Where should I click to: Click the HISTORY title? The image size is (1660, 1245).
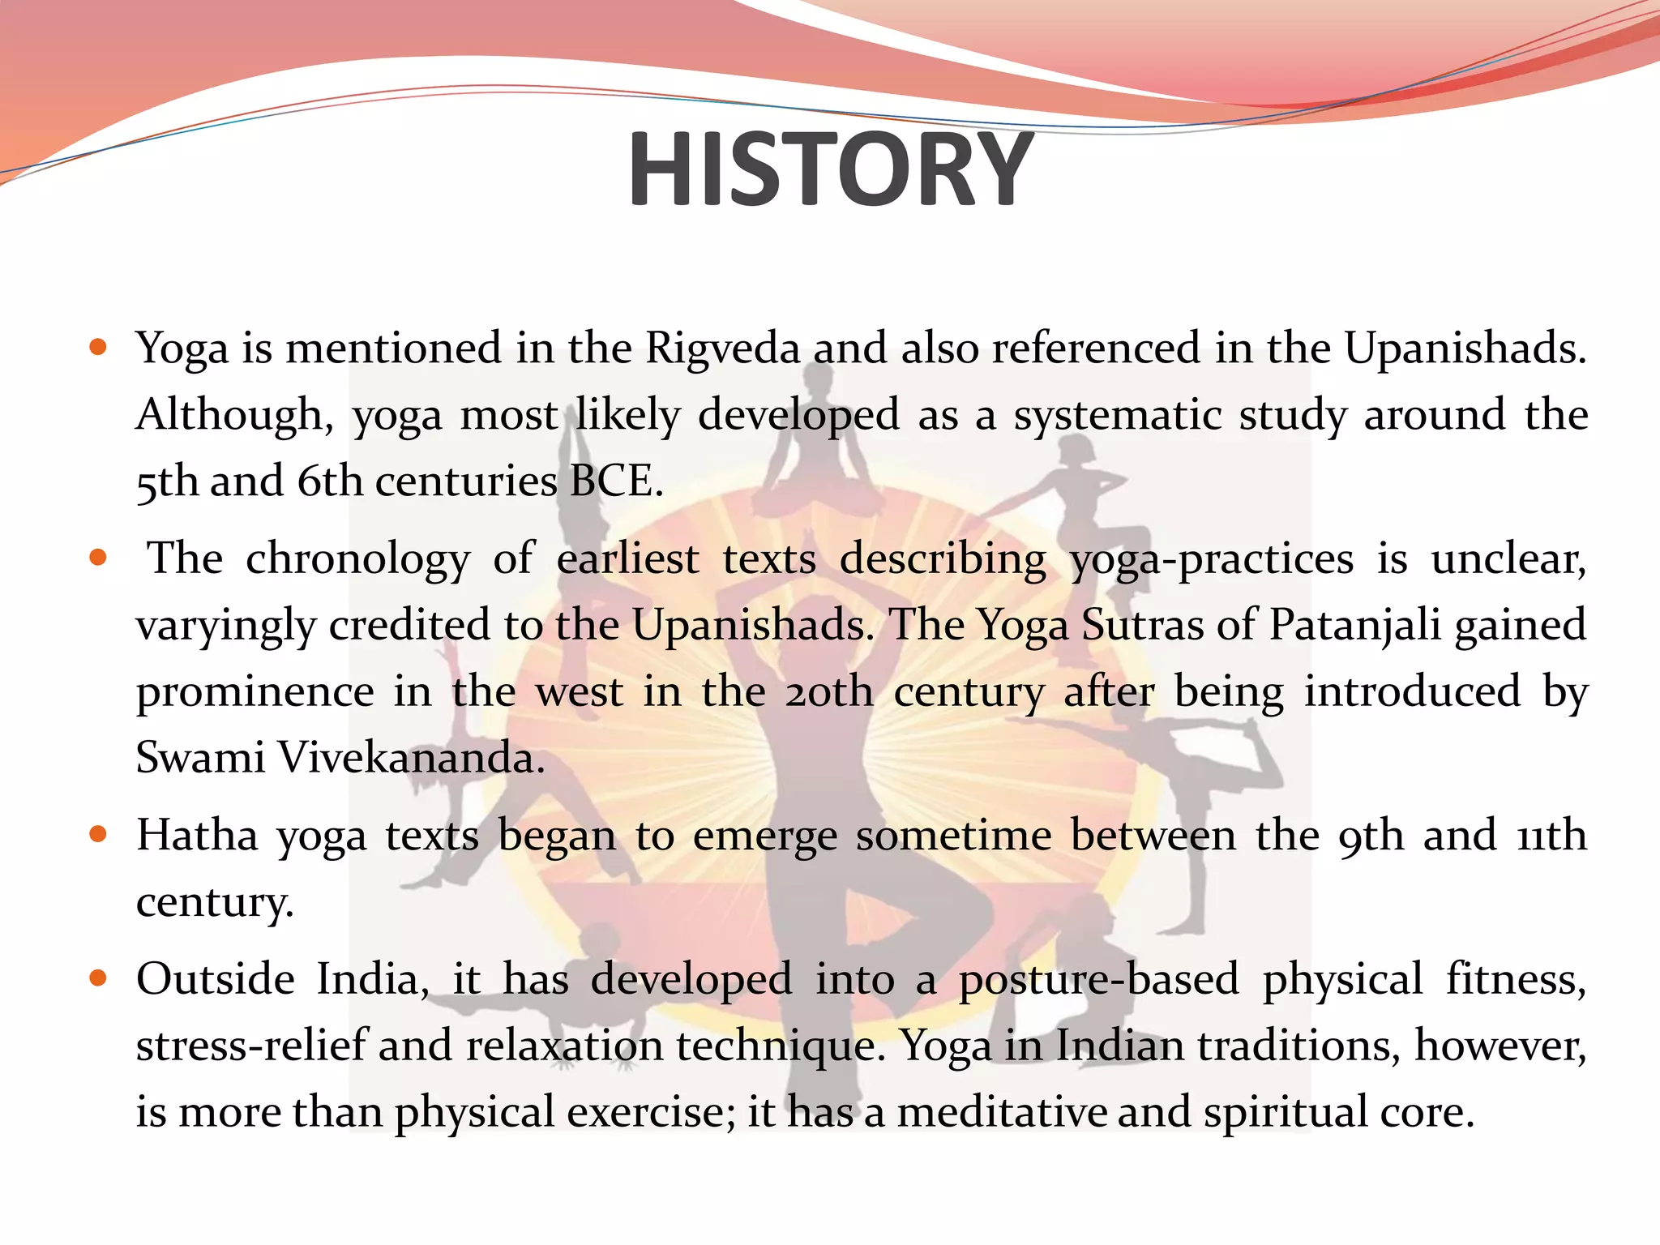point(830,170)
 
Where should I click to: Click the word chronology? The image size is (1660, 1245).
point(357,559)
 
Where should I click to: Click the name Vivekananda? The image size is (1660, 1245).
point(411,758)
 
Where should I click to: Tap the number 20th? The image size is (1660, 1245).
point(828,691)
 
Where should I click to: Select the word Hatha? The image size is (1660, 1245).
point(197,835)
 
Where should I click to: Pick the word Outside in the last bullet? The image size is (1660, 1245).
point(216,979)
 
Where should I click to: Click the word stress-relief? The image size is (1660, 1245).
point(251,1046)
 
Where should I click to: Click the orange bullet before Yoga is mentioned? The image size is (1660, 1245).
point(98,348)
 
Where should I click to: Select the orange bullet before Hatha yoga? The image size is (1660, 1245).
point(98,834)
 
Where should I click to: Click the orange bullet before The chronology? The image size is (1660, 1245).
point(98,558)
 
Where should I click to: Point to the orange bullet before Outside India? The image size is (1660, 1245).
point(98,978)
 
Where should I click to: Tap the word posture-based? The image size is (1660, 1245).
point(1098,981)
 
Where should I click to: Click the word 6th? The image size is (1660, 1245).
point(329,481)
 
